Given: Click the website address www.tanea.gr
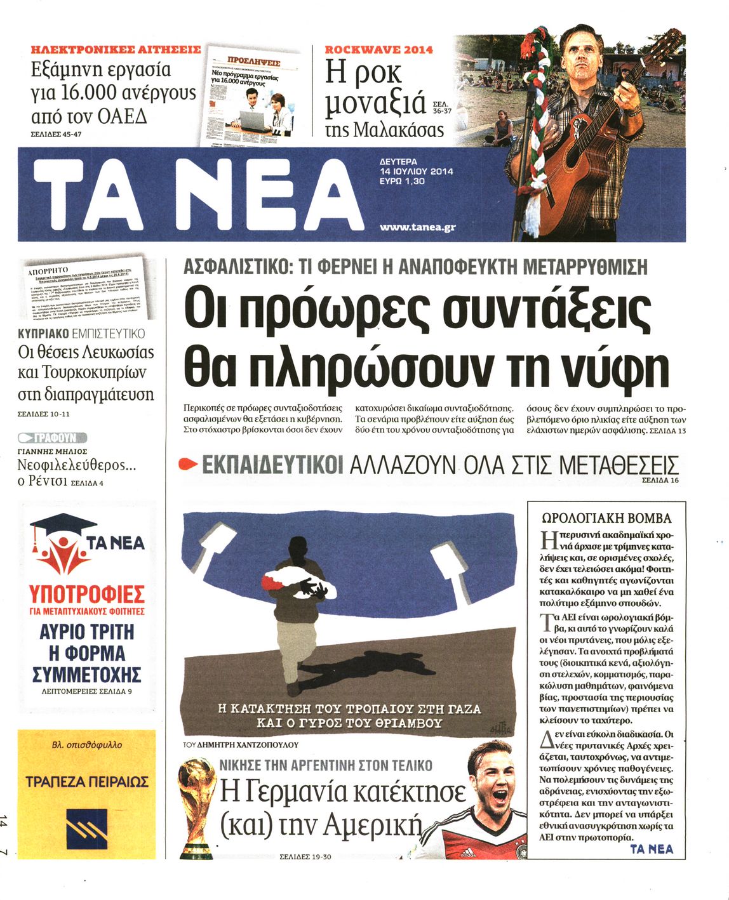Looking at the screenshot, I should click(417, 227).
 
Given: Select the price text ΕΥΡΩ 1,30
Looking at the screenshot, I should click(402, 182).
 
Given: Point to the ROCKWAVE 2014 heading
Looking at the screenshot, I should click(379, 49).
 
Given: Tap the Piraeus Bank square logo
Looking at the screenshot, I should click(86, 826).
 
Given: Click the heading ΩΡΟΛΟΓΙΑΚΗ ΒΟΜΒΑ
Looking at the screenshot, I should click(606, 518).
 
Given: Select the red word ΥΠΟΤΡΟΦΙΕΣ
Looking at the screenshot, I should click(87, 595).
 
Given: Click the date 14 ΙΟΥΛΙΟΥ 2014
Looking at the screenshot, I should click(417, 171).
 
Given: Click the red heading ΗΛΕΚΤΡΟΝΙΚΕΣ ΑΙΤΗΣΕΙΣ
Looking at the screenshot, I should click(116, 49).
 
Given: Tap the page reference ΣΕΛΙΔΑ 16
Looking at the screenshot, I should click(660, 481).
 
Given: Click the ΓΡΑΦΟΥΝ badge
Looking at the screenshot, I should click(52, 437).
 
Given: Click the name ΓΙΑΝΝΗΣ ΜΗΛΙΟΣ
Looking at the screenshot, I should click(52, 451).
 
